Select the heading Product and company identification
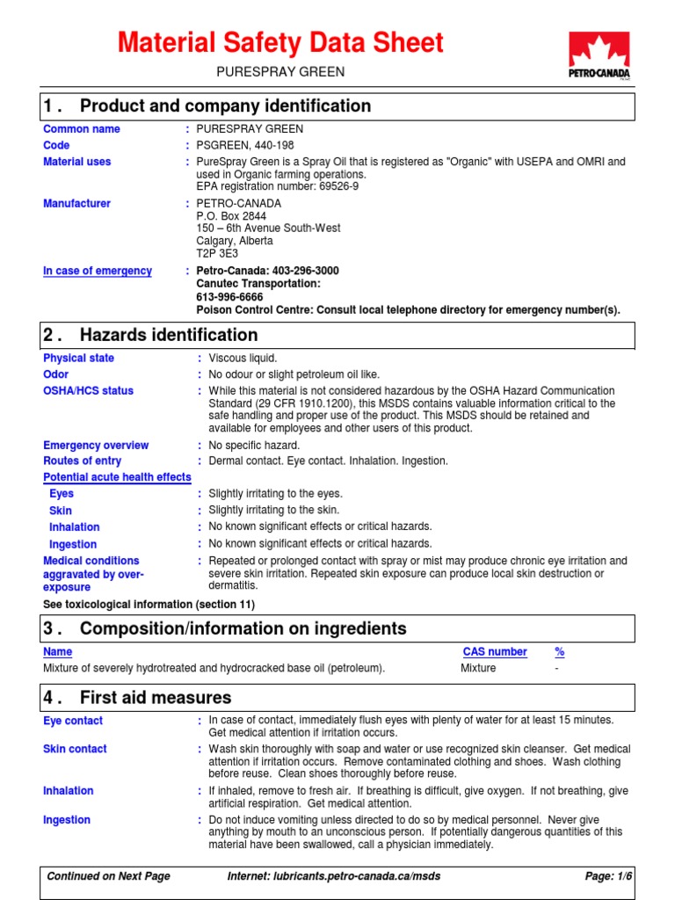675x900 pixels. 225,106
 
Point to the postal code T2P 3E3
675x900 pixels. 217,253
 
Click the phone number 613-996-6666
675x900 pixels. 229,297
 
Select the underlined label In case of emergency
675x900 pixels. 98,271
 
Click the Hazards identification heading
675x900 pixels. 169,335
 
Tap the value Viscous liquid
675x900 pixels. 243,358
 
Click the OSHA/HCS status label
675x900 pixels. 89,390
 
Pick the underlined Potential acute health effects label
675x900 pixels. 117,477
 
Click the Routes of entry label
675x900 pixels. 83,461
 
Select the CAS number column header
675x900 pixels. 495,652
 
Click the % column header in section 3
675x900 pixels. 560,652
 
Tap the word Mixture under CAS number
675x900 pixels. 478,668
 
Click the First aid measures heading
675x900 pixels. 156,698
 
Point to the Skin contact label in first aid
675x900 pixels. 75,749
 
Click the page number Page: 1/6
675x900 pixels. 608,876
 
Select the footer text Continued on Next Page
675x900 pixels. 109,876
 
